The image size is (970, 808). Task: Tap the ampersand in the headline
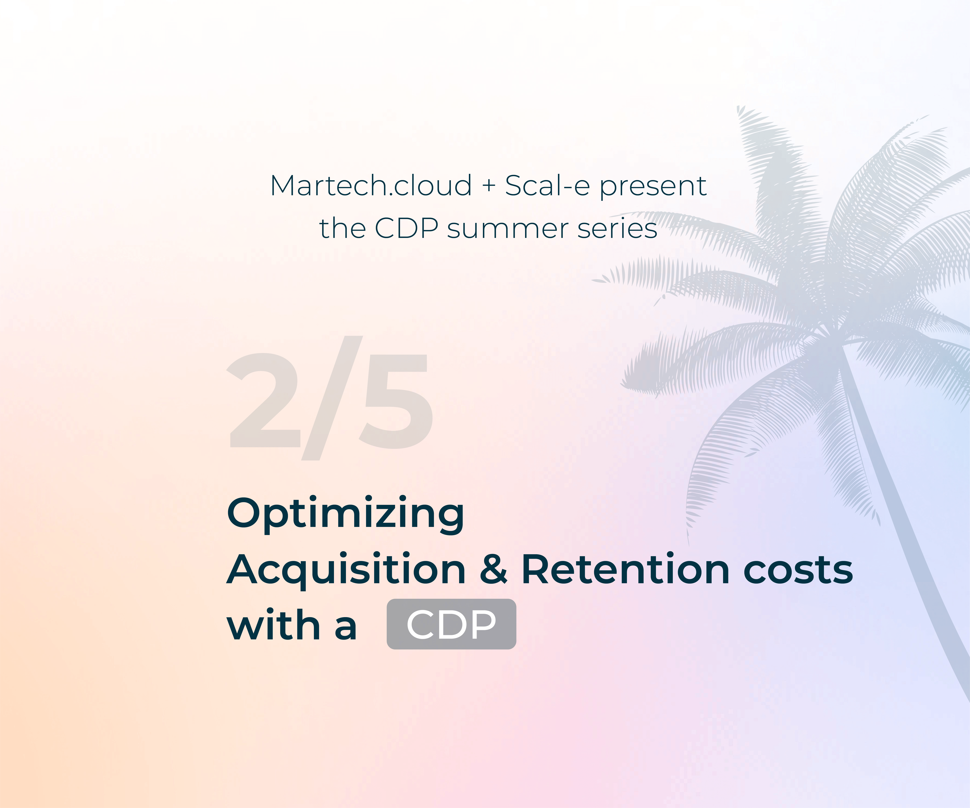493,569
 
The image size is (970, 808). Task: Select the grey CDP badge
451,624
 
